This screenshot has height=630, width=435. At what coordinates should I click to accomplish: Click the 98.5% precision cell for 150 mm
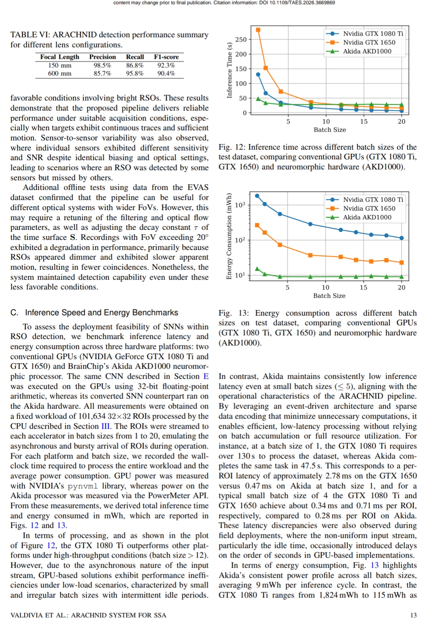[102, 65]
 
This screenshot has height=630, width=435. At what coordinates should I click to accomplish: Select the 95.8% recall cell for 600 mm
[135, 73]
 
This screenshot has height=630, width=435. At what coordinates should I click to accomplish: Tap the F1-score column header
[166, 57]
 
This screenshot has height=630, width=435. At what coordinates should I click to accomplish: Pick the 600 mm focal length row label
[60, 73]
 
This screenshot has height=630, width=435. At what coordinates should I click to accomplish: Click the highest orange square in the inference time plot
[258, 30]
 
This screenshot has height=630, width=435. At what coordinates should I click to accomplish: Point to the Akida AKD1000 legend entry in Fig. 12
[367, 51]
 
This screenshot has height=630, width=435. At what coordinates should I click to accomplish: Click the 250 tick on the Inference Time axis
[241, 39]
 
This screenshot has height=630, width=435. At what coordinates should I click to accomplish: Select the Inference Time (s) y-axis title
[230, 70]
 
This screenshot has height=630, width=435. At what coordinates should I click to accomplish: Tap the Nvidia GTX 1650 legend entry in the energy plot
[369, 208]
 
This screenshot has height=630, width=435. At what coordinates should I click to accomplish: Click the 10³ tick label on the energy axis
[240, 205]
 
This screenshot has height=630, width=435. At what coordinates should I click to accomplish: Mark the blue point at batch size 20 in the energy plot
[402, 238]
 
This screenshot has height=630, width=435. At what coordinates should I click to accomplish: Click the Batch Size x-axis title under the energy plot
[329, 295]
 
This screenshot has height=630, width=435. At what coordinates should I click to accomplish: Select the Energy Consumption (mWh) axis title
[229, 236]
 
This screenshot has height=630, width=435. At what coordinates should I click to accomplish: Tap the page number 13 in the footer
[413, 615]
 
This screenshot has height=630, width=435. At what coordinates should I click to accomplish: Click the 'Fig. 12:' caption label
[232, 147]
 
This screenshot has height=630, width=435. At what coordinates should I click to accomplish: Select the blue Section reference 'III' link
[105, 426]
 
